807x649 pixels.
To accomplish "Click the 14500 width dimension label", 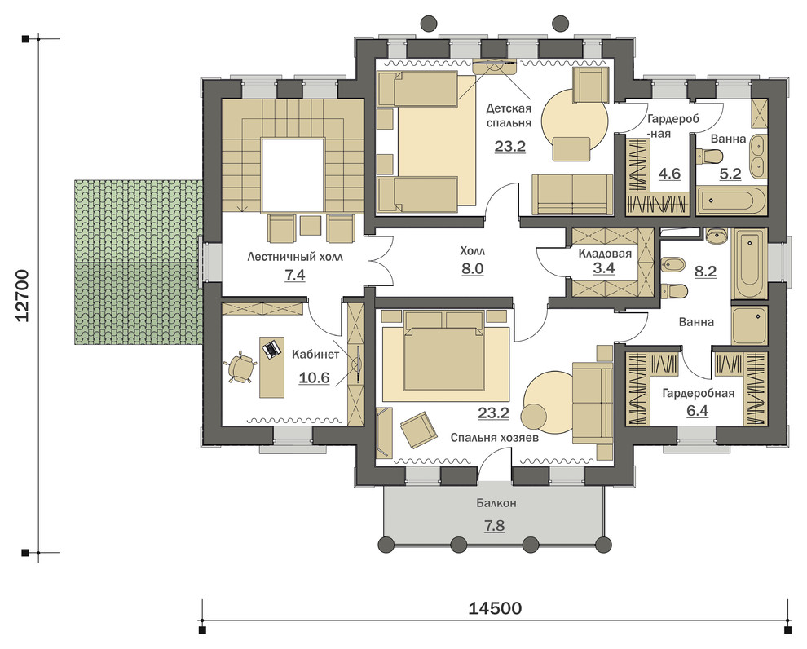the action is [495, 608].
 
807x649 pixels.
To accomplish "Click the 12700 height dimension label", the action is [23, 295].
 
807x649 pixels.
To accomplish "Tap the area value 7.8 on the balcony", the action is [494, 526].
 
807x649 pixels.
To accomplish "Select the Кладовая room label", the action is [605, 254].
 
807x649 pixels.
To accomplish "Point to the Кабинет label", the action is [315, 355].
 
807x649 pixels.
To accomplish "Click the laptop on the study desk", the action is [271, 350].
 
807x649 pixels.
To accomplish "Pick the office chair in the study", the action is [240, 368].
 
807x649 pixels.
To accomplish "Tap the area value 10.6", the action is [314, 377].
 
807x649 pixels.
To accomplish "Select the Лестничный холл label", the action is [295, 256].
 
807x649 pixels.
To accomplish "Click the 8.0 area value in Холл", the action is [473, 269].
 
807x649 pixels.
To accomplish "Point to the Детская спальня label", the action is [509, 116].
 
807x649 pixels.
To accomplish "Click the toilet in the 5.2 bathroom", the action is [709, 155].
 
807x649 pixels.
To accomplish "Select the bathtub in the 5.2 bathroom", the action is [731, 201].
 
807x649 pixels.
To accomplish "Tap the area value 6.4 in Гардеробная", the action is [698, 411].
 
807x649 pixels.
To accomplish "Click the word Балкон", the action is [496, 503].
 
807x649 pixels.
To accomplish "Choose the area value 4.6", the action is [669, 174].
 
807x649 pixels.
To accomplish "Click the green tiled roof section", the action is [138, 262].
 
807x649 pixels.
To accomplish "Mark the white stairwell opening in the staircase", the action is [293, 175].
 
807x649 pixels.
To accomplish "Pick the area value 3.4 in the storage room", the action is [604, 268].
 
